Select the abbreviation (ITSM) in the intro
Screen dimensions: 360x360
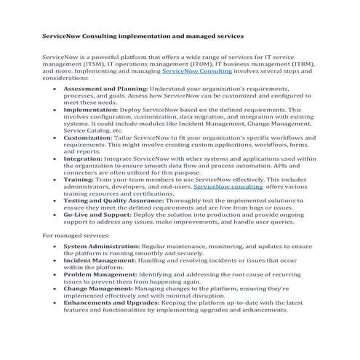(89, 64)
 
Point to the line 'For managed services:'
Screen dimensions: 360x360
(76, 236)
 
